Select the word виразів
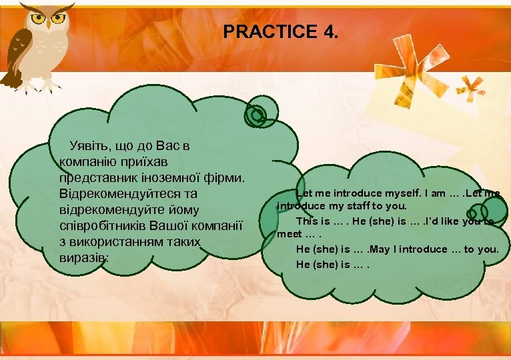[x=83, y=257]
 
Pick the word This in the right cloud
[x=308, y=221]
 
